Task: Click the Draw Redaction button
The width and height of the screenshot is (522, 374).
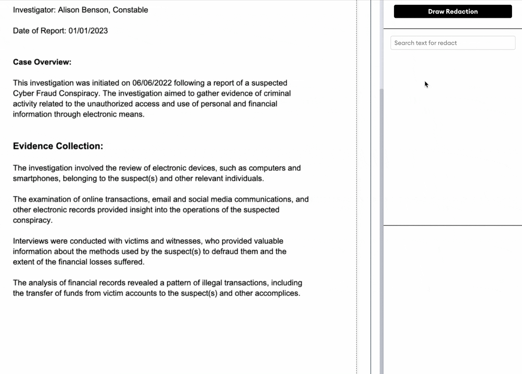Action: click(x=453, y=12)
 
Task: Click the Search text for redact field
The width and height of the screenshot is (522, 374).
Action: click(x=453, y=43)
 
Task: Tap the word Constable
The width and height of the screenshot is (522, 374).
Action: click(x=130, y=10)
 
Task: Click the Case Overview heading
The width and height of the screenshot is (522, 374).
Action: click(x=42, y=62)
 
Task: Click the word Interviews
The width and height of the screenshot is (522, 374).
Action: click(x=31, y=241)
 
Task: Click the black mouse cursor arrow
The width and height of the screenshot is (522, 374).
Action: click(x=426, y=84)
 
